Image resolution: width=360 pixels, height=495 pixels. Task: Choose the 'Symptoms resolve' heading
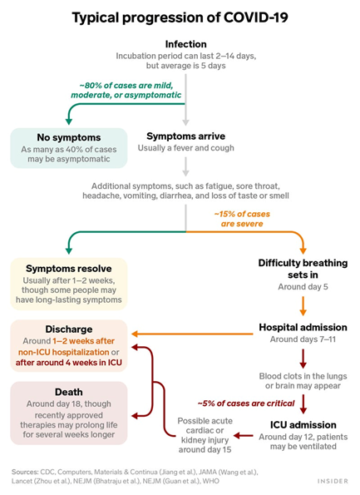coord(68,270)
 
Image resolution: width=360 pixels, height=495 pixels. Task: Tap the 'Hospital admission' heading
coord(300,327)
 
